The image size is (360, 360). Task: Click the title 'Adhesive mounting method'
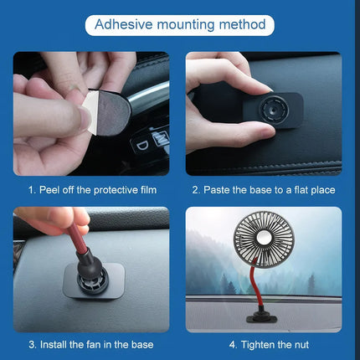(180, 24)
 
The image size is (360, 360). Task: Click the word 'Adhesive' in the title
(124, 24)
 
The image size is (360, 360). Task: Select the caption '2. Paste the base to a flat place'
(263, 190)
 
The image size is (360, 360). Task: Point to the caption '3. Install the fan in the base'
(90, 344)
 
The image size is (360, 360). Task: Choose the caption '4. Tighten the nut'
(263, 344)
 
